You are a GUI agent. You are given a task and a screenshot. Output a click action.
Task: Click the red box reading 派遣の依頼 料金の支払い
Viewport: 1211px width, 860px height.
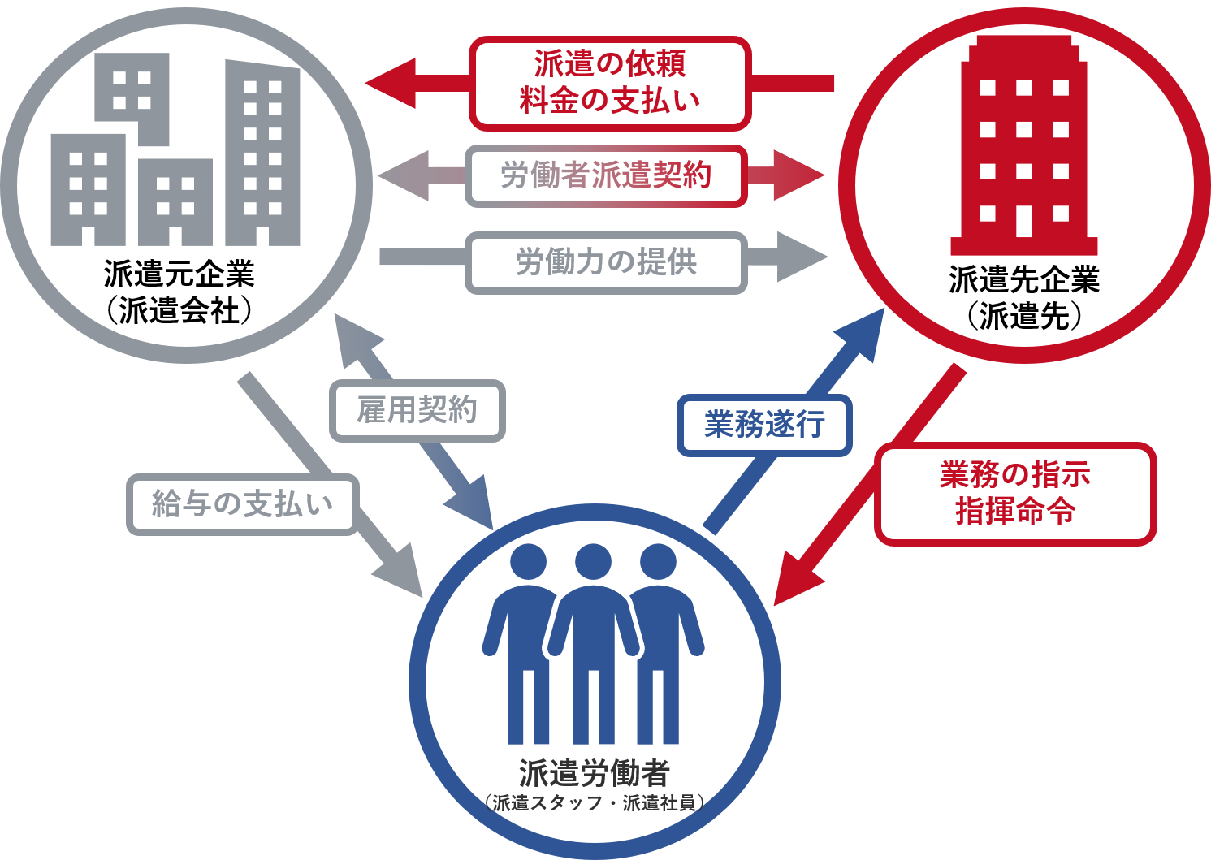(x=609, y=83)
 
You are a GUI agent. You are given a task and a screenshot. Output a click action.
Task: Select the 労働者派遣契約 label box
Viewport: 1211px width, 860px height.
(x=606, y=175)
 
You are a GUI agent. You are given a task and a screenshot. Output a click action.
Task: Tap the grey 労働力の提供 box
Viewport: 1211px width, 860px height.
(x=606, y=262)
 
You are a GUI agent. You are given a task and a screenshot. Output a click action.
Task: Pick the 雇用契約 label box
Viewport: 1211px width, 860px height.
(x=417, y=410)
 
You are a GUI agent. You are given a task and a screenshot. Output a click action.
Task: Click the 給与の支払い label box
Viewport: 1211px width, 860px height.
(x=242, y=504)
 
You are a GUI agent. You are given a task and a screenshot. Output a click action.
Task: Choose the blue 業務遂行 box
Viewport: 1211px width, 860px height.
(x=764, y=425)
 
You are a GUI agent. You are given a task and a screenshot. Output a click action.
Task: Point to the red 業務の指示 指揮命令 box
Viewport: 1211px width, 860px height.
(x=1014, y=494)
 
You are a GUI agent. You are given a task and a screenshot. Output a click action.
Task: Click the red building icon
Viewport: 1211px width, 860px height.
(x=1024, y=150)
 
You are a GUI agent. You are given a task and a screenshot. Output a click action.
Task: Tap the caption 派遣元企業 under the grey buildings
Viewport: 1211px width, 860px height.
(x=179, y=274)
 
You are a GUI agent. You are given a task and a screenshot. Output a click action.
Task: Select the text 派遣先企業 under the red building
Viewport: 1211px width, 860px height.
(x=1024, y=280)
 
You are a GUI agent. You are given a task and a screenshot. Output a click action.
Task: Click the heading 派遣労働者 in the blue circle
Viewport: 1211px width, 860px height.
(x=594, y=773)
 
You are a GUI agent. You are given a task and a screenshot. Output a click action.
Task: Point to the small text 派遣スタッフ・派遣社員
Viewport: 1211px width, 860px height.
(x=594, y=803)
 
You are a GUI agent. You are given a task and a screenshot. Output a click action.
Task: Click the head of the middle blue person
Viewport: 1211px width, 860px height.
(x=593, y=562)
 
